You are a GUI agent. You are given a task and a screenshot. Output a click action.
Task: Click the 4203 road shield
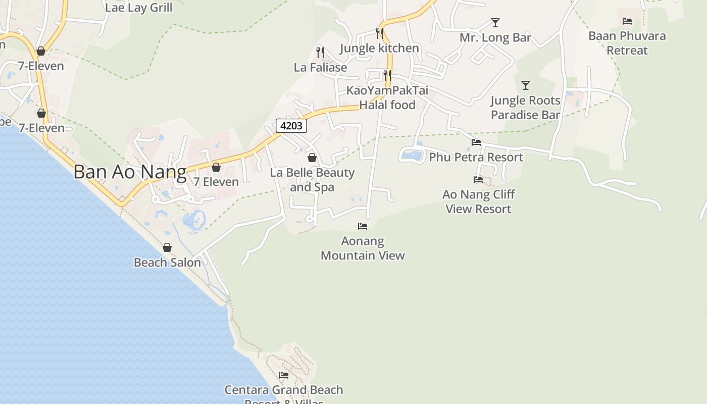291,126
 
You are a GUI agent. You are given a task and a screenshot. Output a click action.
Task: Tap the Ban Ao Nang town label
130,172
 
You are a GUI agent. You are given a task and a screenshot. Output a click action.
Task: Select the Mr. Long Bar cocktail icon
495,23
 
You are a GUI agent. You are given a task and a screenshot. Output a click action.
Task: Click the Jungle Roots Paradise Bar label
525,108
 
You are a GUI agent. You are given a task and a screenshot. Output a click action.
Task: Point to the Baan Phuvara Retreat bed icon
627,21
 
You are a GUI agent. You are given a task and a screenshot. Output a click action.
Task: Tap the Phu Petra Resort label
476,157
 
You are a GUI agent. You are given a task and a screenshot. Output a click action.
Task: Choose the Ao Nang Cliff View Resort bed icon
478,180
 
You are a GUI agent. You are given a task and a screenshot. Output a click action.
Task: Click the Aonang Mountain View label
363,248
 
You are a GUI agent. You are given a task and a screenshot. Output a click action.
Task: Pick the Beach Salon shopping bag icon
167,247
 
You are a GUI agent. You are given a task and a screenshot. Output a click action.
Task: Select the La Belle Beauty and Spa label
312,180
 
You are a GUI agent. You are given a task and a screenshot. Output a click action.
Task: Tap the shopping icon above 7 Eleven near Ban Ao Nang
216,167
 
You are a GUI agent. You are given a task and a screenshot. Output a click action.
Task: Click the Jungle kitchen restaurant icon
380,33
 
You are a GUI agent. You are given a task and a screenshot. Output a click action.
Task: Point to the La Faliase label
320,67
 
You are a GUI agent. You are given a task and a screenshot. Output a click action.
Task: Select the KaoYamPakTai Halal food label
387,97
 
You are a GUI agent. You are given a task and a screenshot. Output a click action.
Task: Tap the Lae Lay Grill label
138,8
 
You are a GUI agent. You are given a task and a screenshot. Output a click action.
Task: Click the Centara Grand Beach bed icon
284,375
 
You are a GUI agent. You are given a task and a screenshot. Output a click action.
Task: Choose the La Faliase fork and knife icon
320,52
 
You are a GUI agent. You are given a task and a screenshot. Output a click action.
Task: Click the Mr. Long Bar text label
495,37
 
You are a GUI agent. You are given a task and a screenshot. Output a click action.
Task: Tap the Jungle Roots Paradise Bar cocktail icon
526,85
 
